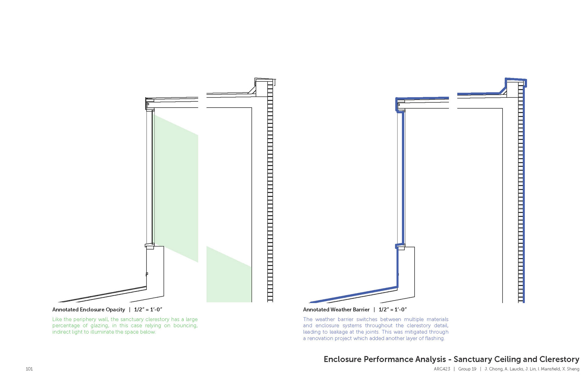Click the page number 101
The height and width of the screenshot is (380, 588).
coord(29,369)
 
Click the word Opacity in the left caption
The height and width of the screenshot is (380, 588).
coord(115,310)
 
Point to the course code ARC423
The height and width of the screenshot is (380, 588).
coord(442,369)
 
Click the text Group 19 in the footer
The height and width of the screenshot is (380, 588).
coord(467,369)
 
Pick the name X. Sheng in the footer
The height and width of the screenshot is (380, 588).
coord(571,369)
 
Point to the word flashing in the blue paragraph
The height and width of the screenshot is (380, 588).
coord(434,338)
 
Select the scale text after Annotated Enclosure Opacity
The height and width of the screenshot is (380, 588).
coord(148,310)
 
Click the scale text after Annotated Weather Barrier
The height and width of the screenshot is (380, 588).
coord(393,310)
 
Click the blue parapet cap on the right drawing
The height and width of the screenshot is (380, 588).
coord(516,80)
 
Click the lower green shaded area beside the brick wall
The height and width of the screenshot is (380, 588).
coord(228,281)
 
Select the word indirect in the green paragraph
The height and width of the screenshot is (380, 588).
coord(61,332)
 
